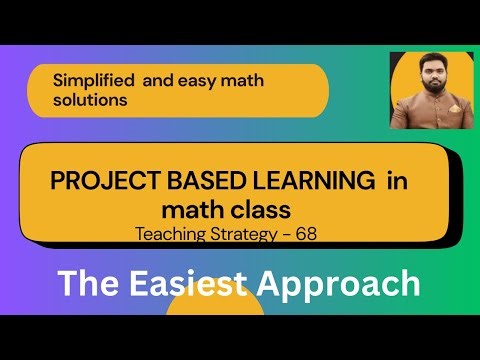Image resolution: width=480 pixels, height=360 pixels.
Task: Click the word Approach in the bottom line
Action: coord(340,283)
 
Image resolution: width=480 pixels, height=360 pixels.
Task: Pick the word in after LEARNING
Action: coord(394,184)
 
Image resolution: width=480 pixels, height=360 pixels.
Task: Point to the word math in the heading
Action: coord(192,210)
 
